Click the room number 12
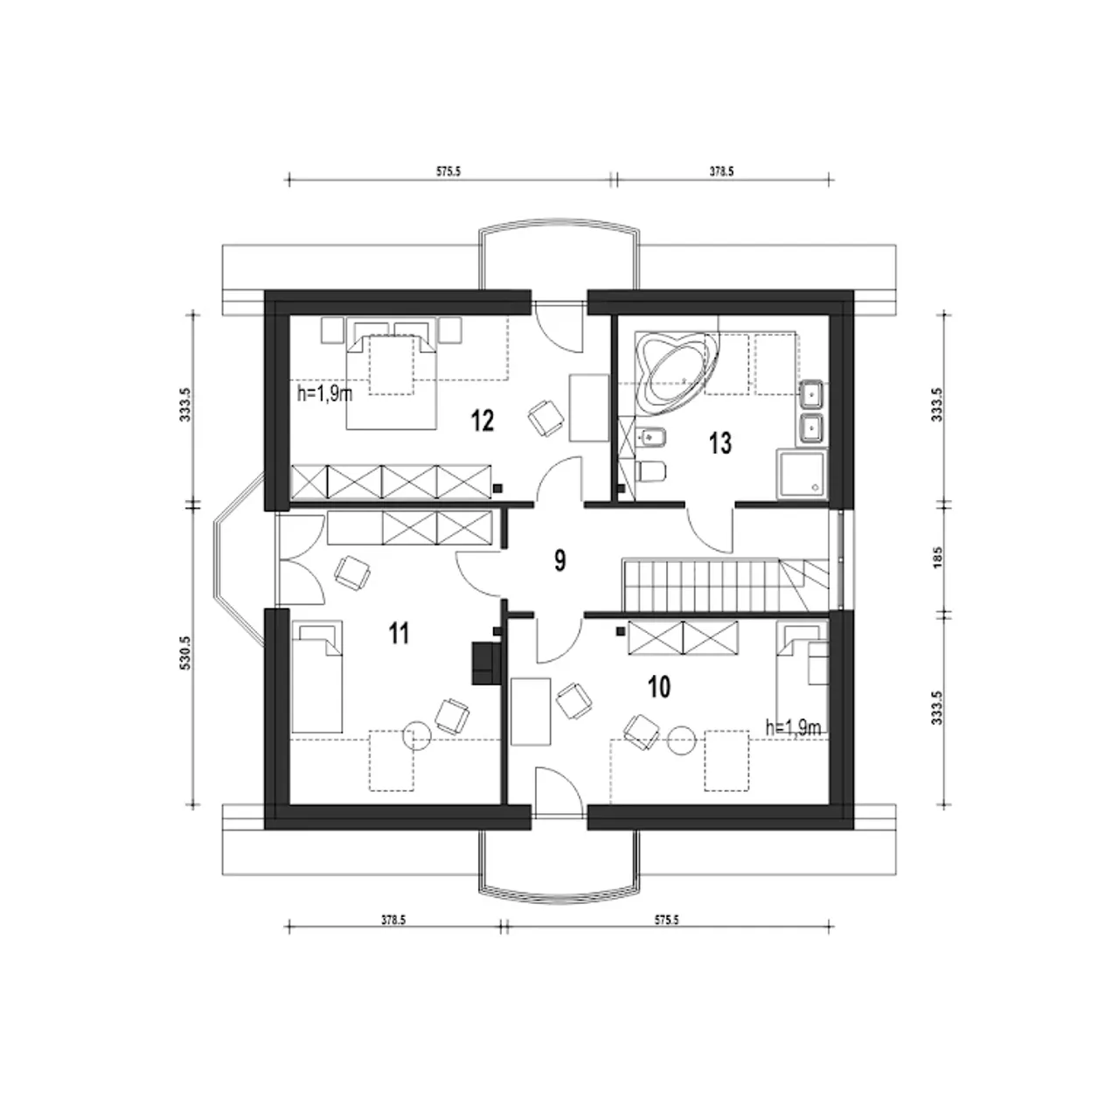click(483, 420)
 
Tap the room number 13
click(720, 443)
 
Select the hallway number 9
click(559, 560)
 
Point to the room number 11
click(399, 633)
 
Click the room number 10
click(659, 687)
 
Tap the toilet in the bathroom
click(650, 471)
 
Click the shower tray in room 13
click(802, 475)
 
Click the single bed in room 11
click(316, 677)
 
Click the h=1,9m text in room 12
click(324, 393)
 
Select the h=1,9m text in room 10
click(793, 727)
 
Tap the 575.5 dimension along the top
click(448, 171)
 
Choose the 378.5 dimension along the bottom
click(393, 920)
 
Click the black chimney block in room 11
click(487, 663)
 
